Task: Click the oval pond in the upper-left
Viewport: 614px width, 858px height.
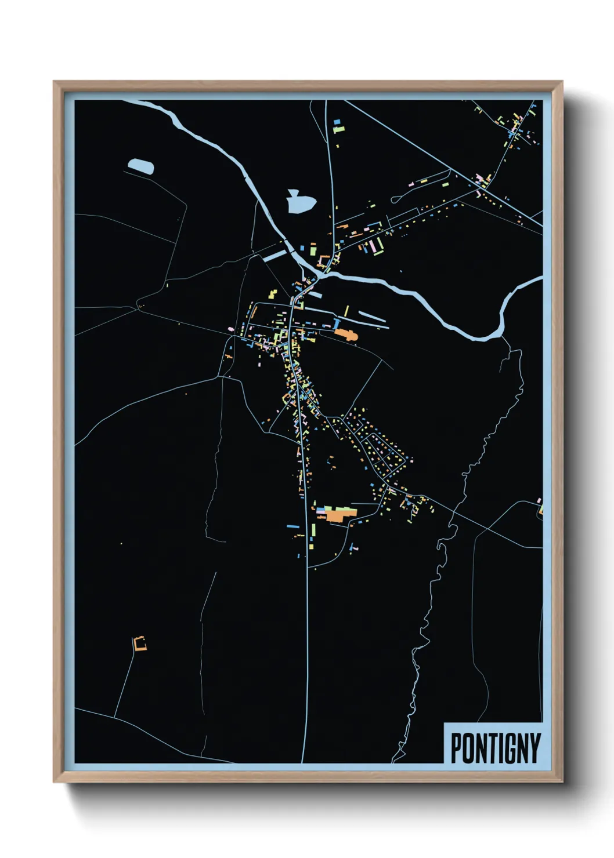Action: (141, 166)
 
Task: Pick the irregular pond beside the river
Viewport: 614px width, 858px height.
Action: (300, 202)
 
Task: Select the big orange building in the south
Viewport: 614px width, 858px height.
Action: (339, 514)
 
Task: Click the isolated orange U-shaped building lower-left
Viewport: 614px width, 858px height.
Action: (139, 643)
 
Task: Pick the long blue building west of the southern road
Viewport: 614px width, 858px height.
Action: (293, 526)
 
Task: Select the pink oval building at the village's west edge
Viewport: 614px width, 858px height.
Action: (230, 329)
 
